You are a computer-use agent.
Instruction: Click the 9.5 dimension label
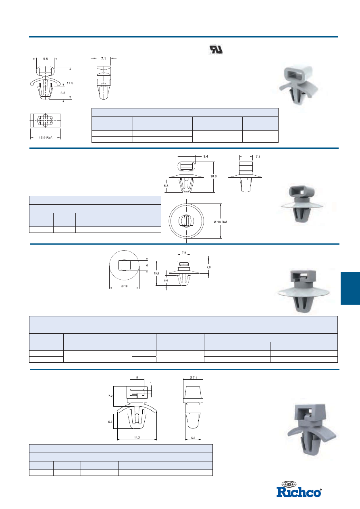click(x=46, y=59)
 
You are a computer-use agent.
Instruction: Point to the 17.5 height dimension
click(x=70, y=83)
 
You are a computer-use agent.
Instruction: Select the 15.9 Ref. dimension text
click(x=46, y=138)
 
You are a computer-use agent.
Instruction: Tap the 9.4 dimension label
click(x=206, y=156)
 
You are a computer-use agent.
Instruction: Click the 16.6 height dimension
click(x=213, y=177)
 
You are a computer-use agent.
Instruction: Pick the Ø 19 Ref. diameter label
click(x=221, y=222)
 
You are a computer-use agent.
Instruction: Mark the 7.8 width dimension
click(x=184, y=252)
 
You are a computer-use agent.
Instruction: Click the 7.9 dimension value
click(x=209, y=267)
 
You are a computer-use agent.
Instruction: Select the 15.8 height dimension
click(x=156, y=273)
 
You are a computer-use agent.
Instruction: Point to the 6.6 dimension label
click(x=166, y=280)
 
